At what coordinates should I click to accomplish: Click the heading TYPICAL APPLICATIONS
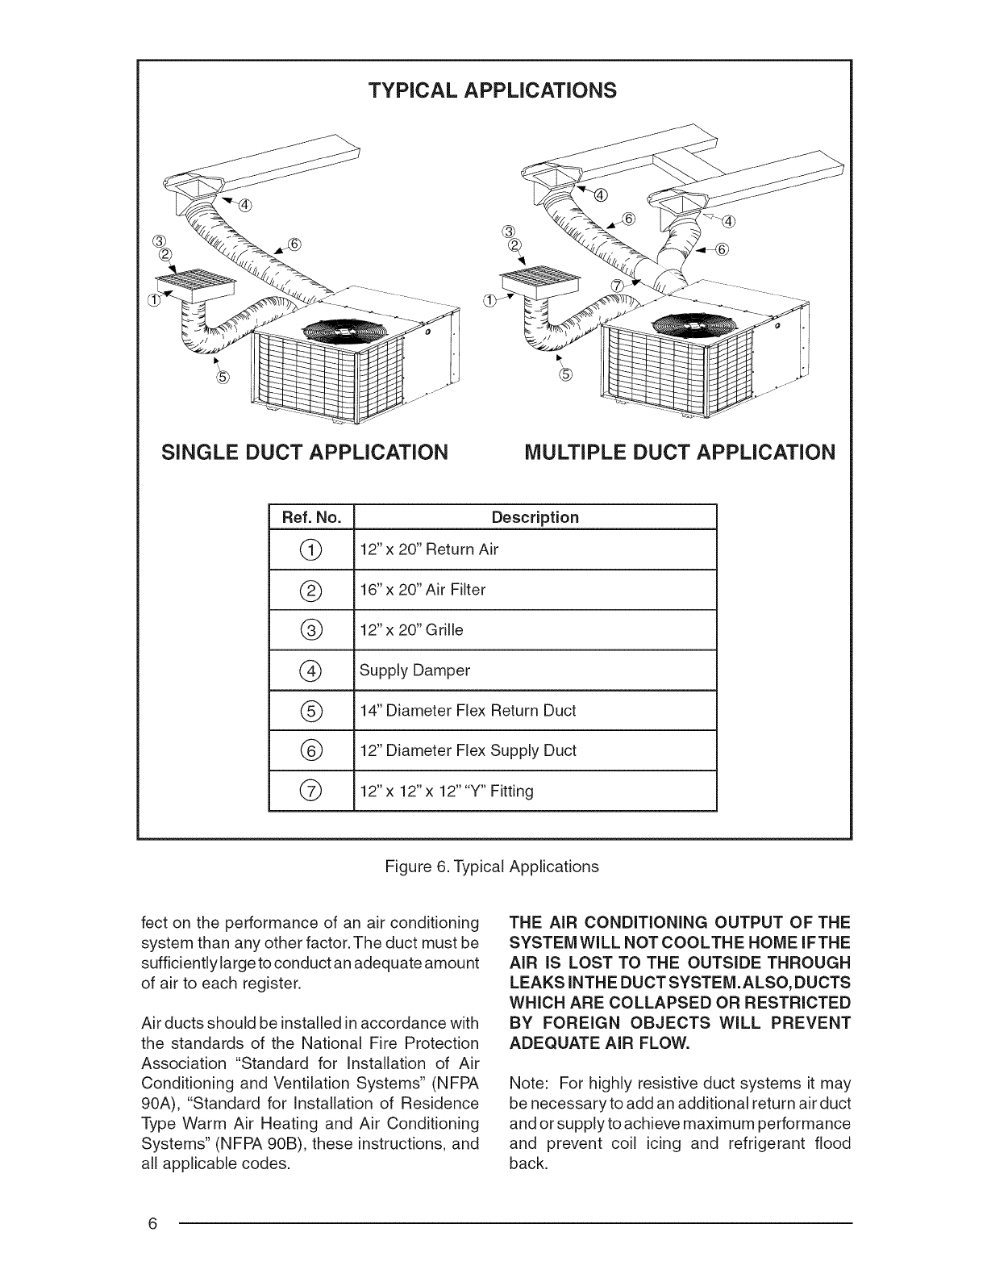click(492, 90)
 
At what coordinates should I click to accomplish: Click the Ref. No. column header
click(310, 517)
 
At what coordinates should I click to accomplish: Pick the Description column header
click(535, 517)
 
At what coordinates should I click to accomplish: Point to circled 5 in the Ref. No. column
click(310, 711)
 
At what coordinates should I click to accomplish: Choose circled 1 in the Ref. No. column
click(310, 550)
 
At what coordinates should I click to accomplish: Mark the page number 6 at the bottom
click(152, 1223)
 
